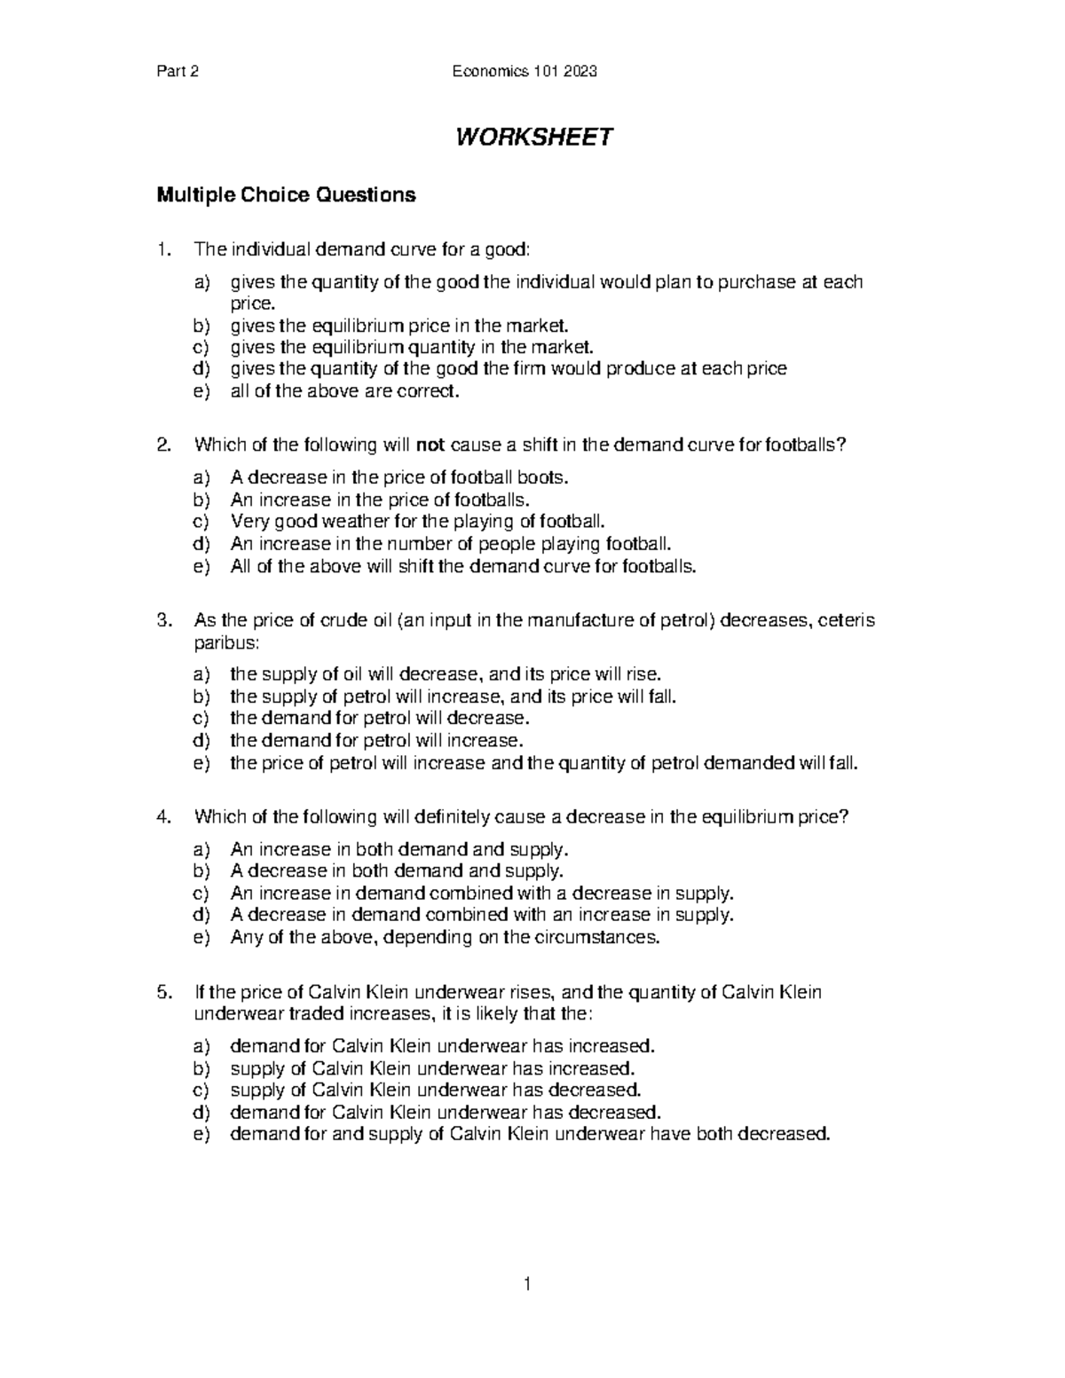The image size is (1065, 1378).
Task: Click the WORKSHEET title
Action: (x=533, y=138)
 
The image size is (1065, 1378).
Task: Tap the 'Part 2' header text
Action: (x=176, y=72)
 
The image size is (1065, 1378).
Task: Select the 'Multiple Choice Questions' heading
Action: (x=286, y=195)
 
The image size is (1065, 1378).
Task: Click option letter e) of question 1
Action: (x=201, y=390)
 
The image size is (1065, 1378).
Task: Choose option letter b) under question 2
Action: (x=201, y=500)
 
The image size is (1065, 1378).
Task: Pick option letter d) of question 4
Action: (x=201, y=915)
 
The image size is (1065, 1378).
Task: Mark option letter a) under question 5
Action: (x=201, y=1045)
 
